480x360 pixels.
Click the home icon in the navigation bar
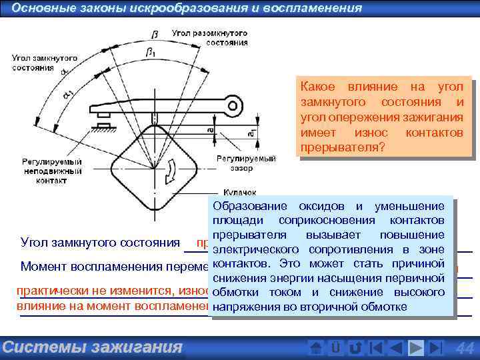(x=317, y=347)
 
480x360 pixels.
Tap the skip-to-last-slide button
(x=435, y=347)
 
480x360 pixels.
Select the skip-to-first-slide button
(x=376, y=347)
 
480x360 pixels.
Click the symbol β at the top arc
(x=155, y=34)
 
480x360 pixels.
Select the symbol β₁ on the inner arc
(x=151, y=51)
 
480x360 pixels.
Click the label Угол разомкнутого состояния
(x=209, y=37)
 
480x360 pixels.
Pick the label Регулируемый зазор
(x=237, y=163)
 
